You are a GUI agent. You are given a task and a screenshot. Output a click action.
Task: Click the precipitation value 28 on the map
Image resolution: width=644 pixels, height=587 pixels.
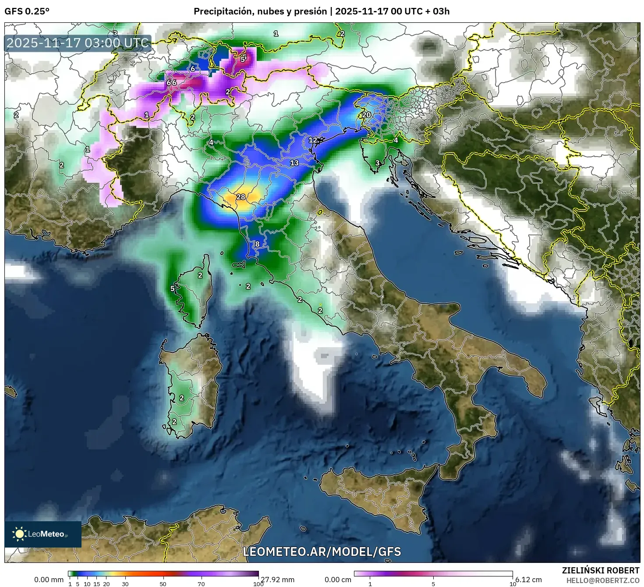(x=241, y=197)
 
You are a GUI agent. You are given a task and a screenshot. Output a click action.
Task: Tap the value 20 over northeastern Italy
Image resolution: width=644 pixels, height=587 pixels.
(x=366, y=115)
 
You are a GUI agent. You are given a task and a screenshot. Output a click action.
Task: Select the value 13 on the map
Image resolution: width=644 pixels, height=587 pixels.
(x=294, y=163)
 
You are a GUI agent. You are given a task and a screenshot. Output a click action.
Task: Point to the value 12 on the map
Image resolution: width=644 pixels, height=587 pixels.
(x=313, y=140)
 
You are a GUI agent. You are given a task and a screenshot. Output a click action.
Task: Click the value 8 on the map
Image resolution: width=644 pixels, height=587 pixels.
(x=257, y=244)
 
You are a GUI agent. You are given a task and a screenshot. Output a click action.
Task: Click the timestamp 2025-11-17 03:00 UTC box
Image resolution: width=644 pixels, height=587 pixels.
(x=78, y=43)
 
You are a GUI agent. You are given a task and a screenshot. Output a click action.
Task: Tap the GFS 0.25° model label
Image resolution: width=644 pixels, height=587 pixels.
(x=27, y=11)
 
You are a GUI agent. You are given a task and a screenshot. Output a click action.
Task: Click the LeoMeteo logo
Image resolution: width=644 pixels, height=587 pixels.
(x=43, y=534)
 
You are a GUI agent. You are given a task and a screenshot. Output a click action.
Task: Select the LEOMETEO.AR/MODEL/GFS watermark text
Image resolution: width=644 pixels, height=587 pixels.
(x=322, y=551)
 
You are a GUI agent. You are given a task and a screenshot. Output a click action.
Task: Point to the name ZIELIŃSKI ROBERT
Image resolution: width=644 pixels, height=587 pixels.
(x=601, y=570)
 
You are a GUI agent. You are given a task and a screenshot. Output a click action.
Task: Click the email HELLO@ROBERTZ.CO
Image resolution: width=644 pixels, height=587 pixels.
(x=603, y=580)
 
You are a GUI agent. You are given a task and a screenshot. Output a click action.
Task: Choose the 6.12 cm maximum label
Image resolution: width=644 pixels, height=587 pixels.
(x=529, y=580)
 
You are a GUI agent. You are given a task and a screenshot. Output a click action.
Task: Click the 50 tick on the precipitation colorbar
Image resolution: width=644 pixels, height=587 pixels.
(x=163, y=584)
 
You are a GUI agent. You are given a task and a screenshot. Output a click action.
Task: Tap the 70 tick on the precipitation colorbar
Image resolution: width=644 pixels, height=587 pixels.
(x=201, y=584)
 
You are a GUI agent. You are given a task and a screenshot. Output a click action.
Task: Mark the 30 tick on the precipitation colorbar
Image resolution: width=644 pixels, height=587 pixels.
(x=125, y=584)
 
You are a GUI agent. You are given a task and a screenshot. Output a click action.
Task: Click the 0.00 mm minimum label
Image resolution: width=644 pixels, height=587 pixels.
(x=49, y=580)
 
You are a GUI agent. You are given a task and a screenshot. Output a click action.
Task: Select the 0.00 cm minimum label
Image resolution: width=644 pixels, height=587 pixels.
(x=338, y=580)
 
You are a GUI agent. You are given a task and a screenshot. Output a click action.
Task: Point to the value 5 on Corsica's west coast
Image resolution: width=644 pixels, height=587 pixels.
(x=173, y=288)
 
